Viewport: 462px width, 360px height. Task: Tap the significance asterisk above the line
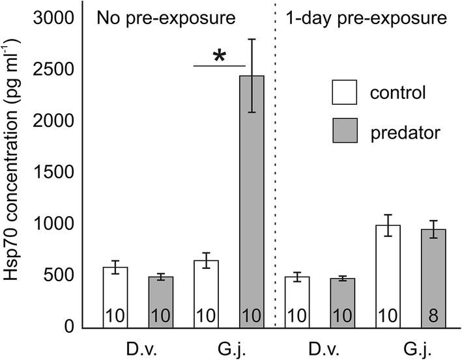click(220, 57)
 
